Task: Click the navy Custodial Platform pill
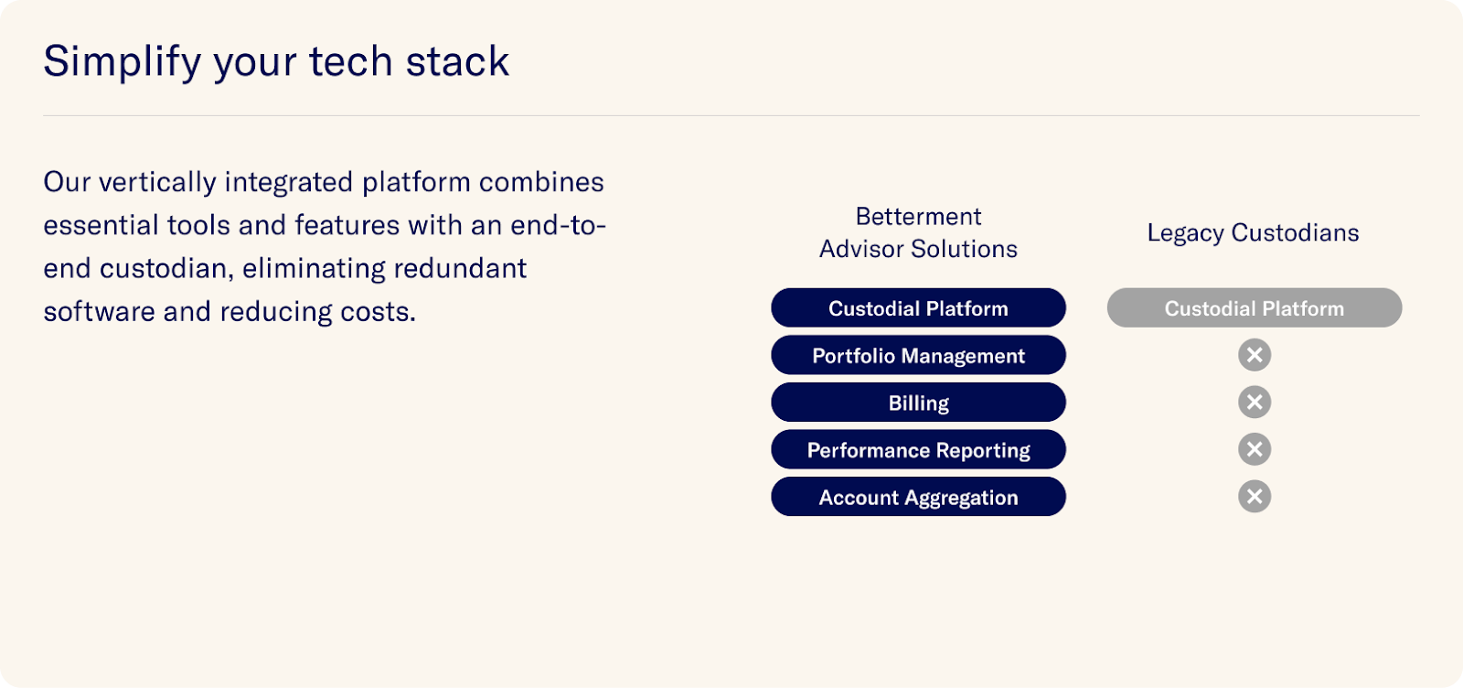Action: tap(918, 307)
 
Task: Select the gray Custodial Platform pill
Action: tap(1254, 307)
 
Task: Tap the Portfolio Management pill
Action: tap(918, 355)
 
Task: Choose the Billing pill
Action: tap(918, 402)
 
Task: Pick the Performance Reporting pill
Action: tap(918, 449)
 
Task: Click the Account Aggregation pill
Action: tap(918, 497)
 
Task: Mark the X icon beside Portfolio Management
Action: tap(1254, 355)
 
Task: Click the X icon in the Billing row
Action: tap(1254, 402)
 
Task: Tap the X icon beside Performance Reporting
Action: tap(1254, 449)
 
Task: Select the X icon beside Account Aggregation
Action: tap(1254, 496)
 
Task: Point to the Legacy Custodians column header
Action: tap(1253, 233)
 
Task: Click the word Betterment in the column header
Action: tap(918, 216)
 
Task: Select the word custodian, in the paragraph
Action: tap(166, 269)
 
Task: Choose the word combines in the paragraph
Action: tap(541, 182)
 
